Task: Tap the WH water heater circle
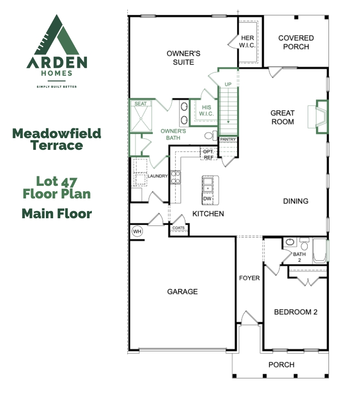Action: coord(137,231)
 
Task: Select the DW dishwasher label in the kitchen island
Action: coord(208,198)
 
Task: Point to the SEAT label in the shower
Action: coord(141,104)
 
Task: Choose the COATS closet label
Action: coord(179,228)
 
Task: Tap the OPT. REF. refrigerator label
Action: coord(208,154)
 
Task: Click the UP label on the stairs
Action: coord(228,84)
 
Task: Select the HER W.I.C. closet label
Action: coord(247,41)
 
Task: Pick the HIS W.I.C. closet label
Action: coord(206,110)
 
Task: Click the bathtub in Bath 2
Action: coord(320,251)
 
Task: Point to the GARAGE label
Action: coord(182,292)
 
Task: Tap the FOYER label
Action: coord(249,278)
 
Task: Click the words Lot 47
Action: coord(57,182)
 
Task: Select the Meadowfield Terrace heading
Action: coord(57,139)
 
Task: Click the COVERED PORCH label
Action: coord(296,42)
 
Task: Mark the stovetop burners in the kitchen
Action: coord(175,177)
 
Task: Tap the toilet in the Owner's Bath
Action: coord(210,135)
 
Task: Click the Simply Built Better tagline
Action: coord(57,86)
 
